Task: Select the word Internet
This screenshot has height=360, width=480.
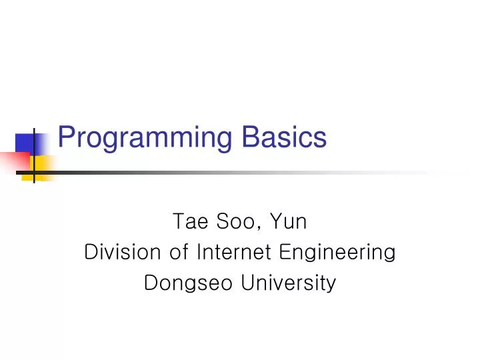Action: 233,253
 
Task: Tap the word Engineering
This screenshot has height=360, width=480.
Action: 337,253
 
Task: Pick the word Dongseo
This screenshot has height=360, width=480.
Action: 188,283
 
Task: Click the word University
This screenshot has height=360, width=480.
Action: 288,284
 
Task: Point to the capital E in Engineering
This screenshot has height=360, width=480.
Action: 285,253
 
